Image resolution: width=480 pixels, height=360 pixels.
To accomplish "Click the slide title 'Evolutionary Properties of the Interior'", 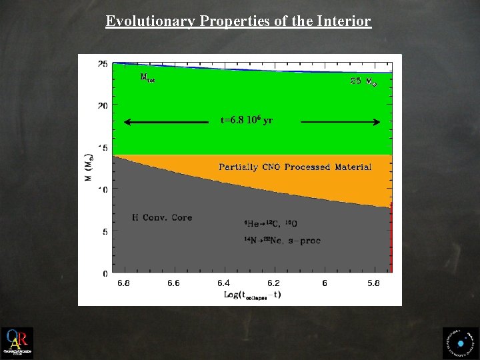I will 238,21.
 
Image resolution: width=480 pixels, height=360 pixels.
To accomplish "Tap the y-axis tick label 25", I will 103,64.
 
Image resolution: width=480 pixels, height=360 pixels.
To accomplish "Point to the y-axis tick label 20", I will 103,106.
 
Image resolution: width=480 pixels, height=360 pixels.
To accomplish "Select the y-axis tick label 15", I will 103,148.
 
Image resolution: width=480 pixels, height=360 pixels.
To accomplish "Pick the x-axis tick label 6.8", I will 124,283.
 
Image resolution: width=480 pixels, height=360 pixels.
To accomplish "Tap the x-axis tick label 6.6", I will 173,283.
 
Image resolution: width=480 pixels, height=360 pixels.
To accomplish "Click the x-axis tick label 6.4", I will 223,283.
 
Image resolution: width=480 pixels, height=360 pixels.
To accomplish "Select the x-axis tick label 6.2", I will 273,283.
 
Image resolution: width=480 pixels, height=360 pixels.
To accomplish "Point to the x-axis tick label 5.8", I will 373,283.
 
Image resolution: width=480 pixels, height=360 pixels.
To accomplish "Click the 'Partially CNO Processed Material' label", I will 295,167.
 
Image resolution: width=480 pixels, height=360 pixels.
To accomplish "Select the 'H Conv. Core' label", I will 161,217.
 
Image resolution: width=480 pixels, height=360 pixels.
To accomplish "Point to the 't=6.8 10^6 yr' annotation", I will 246,121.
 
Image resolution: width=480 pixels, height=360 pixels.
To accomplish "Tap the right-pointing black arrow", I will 340,122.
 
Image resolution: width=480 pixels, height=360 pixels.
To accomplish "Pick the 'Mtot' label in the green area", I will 147,77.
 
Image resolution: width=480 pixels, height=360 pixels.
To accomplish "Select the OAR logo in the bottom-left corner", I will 17,343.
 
